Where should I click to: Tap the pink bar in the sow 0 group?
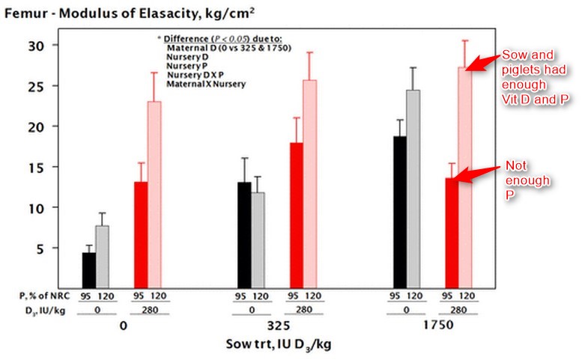[154, 195]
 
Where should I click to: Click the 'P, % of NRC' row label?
[45, 296]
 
